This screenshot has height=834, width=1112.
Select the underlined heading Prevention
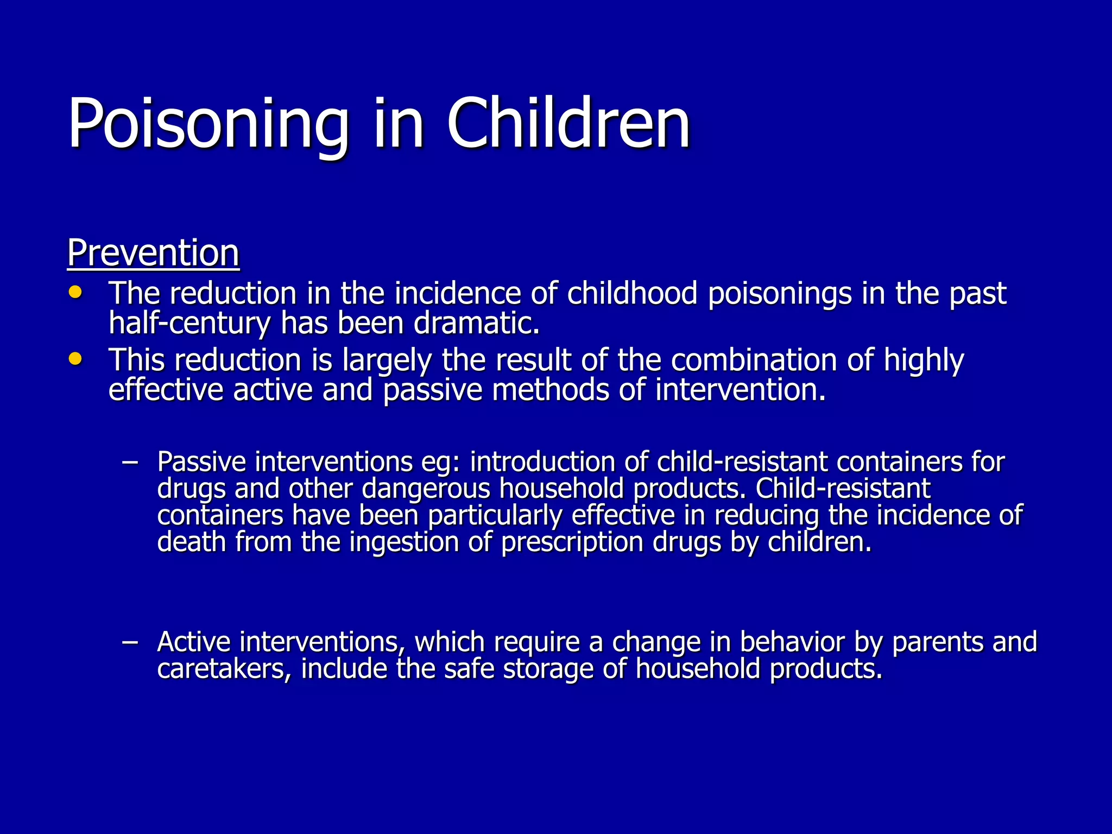point(153,253)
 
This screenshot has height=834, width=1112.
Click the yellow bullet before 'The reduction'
point(75,292)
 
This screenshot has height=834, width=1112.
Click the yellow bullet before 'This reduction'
point(75,358)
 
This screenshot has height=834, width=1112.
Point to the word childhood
point(632,293)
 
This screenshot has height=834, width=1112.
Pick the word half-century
point(189,324)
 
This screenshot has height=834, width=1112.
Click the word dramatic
point(477,323)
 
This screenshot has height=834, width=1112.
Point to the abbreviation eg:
point(440,462)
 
